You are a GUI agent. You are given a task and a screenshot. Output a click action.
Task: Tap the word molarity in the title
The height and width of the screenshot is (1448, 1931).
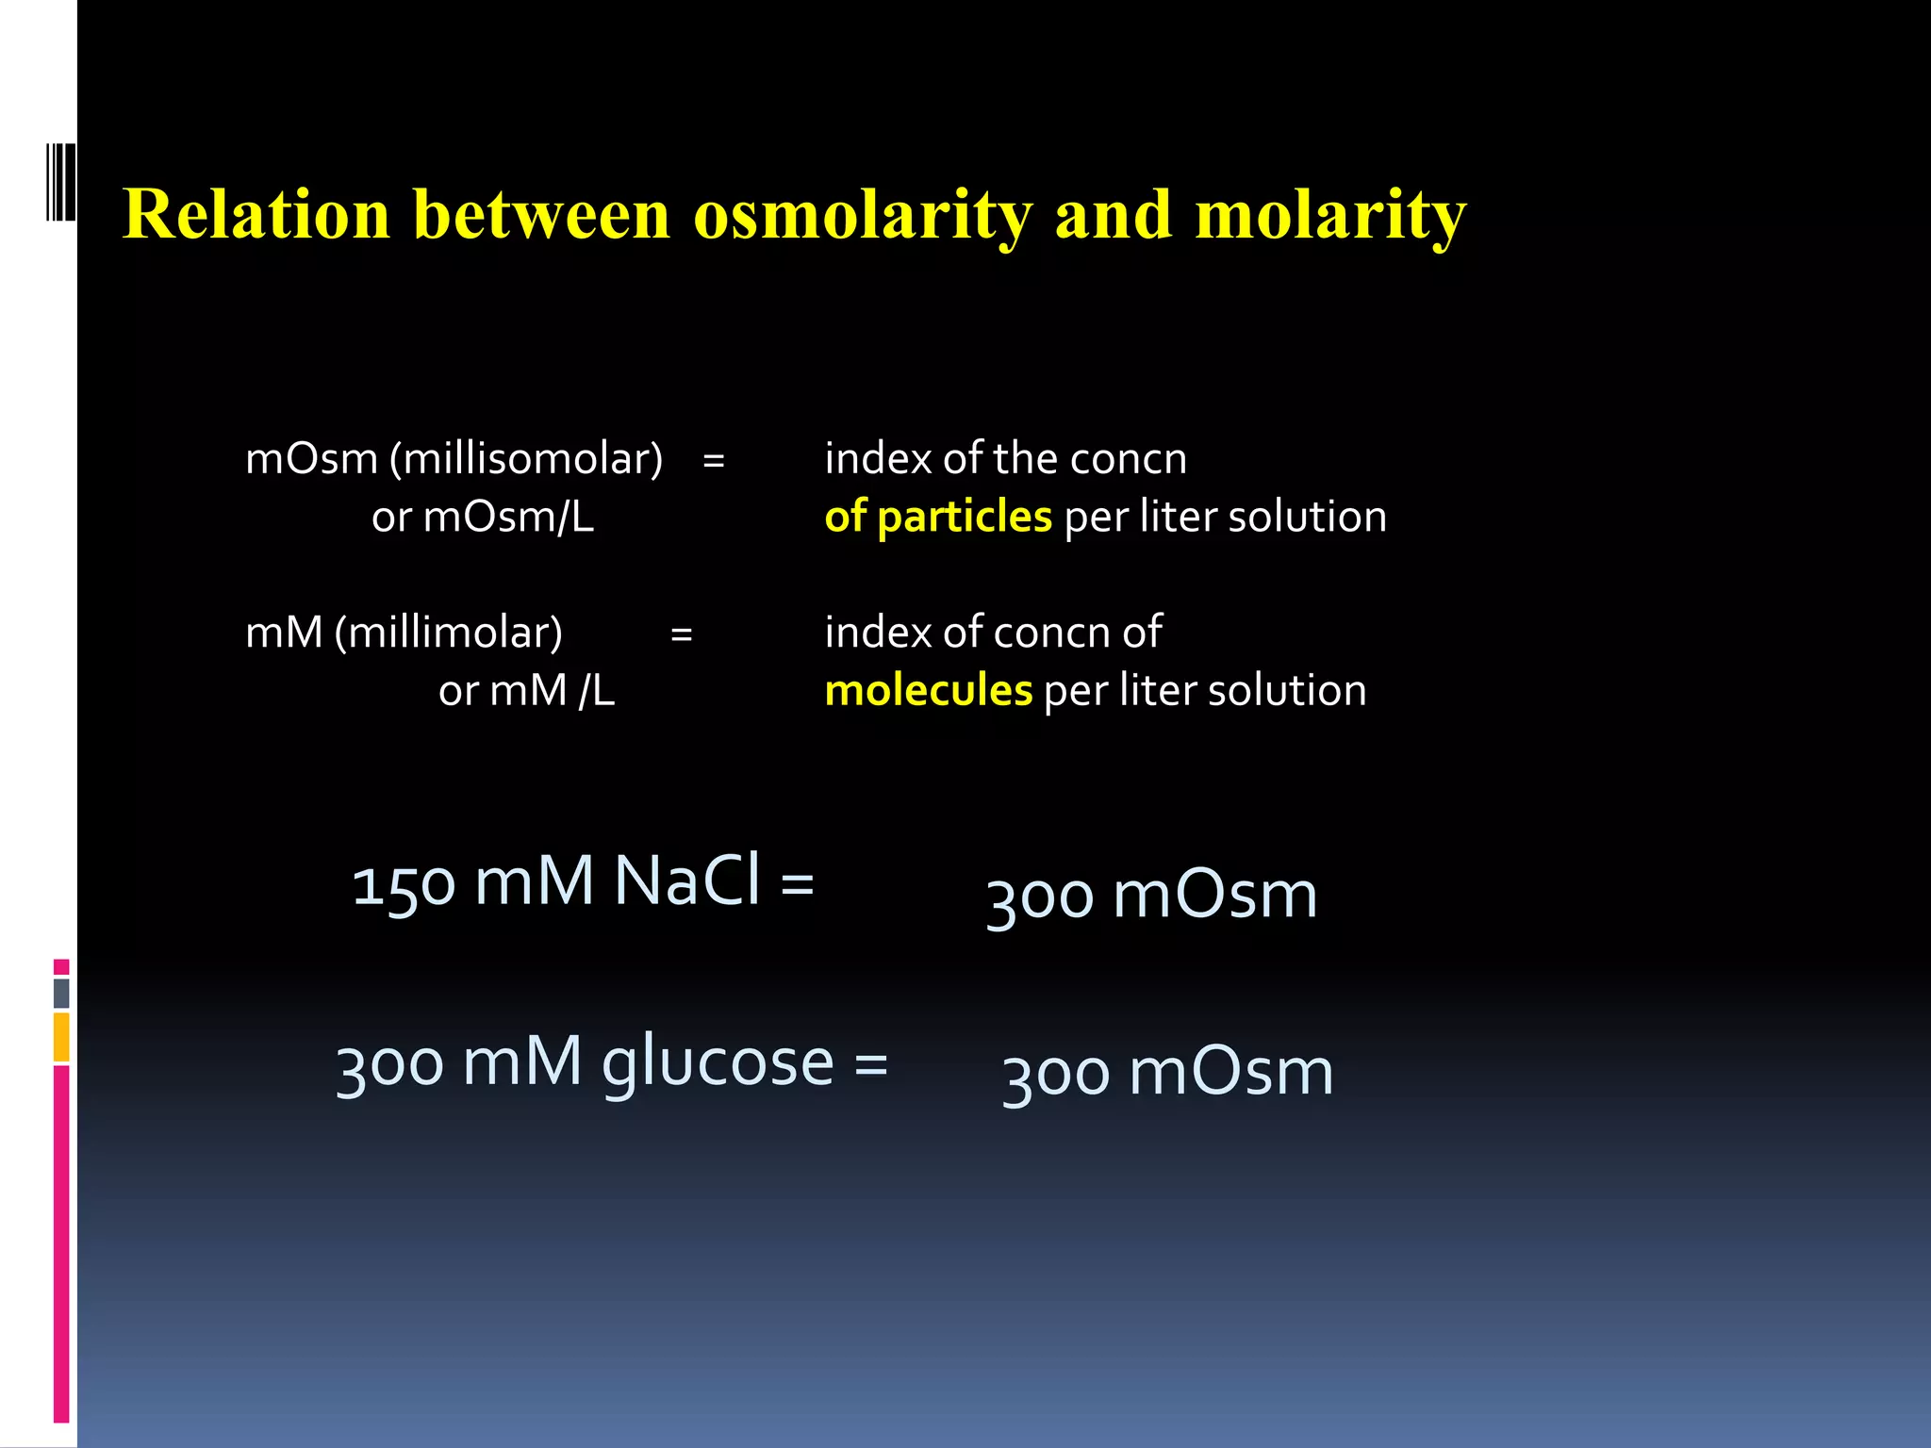point(1330,215)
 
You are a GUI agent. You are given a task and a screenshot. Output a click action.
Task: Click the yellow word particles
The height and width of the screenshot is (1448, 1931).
point(964,517)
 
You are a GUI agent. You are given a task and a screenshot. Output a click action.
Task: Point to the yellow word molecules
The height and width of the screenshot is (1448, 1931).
point(929,690)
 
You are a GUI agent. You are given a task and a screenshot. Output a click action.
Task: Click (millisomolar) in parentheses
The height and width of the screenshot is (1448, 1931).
point(526,459)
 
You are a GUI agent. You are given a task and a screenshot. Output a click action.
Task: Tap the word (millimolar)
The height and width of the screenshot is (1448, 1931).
point(449,633)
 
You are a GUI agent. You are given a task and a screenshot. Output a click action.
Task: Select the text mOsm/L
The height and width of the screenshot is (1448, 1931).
point(508,518)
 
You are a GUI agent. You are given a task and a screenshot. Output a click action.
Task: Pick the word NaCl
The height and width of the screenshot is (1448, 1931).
point(686,880)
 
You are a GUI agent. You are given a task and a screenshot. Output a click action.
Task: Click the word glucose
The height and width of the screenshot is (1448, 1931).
point(718,1063)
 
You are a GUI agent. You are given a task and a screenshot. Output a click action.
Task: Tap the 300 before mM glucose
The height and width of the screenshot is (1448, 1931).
point(389,1065)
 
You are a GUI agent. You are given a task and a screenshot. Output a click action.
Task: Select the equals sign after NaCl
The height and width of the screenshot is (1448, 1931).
point(797,884)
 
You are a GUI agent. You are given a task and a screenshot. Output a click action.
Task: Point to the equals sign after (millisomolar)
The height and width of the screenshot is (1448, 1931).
point(714,461)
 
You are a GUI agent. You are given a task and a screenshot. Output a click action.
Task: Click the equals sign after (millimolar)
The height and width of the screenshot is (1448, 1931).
point(682,634)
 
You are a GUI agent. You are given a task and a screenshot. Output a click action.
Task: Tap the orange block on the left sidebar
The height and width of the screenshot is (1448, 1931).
point(61,1037)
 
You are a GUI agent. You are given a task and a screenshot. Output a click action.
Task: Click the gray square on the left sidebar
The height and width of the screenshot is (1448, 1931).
point(61,993)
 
